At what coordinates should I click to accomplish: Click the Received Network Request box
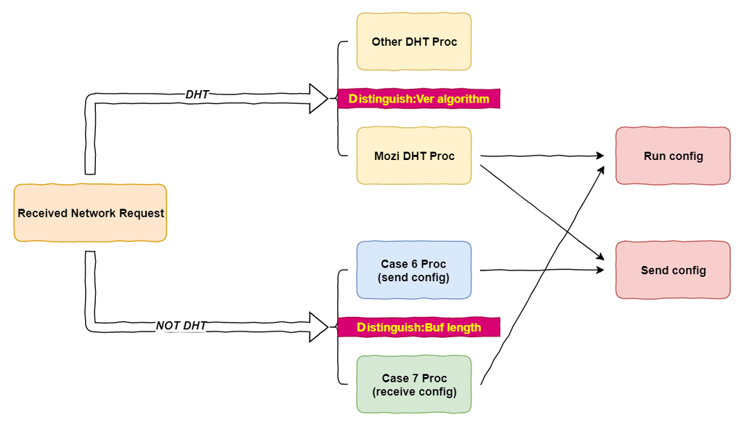click(90, 213)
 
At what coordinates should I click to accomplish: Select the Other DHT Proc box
click(414, 41)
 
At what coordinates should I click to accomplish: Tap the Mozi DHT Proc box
click(414, 156)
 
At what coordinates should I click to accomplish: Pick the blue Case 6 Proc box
click(414, 270)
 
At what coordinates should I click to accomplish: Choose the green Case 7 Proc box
click(414, 385)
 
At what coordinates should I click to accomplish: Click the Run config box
click(673, 156)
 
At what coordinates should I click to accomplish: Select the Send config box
click(673, 270)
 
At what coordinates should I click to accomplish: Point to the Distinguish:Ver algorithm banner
click(419, 98)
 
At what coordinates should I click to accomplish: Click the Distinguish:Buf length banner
click(419, 327)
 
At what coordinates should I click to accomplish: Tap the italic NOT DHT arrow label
click(182, 326)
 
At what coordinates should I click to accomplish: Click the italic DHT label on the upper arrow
click(197, 94)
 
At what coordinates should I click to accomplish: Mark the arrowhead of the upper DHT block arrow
click(319, 98)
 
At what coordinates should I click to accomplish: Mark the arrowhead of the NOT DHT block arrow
click(319, 326)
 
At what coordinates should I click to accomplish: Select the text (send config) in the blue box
click(414, 277)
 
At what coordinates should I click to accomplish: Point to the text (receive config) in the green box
click(414, 392)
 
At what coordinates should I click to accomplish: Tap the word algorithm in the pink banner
click(462, 98)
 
